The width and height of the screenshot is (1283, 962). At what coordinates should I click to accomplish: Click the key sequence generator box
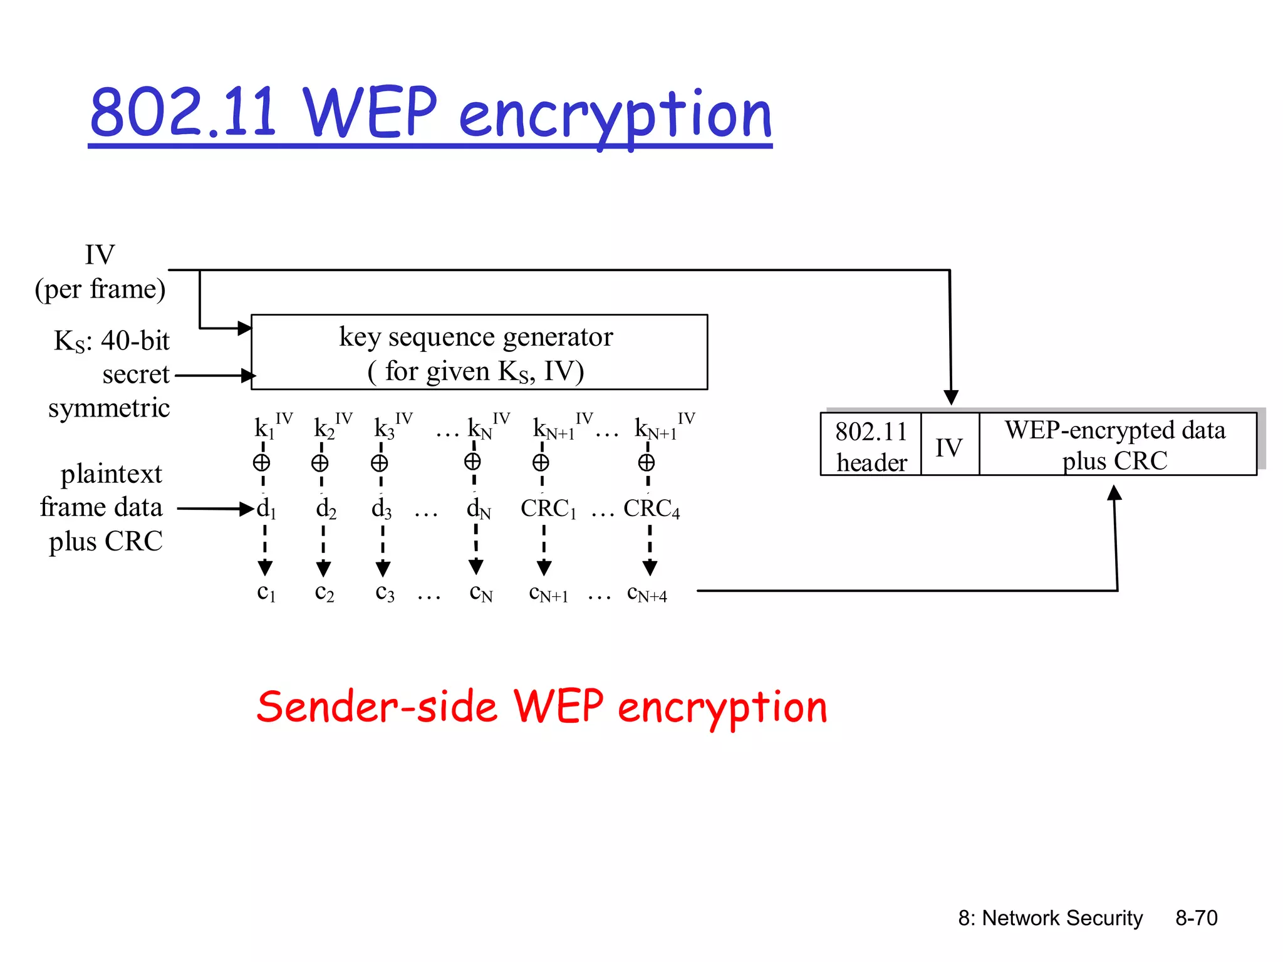click(479, 352)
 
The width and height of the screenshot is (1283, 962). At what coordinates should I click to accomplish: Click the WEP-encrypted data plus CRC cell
click(1116, 445)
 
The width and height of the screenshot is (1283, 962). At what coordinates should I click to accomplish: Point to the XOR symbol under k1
click(262, 463)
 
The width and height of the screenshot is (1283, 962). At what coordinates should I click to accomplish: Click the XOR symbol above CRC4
click(647, 463)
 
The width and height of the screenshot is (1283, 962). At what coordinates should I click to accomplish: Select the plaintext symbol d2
click(326, 509)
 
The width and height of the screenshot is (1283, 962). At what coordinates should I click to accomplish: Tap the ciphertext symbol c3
click(385, 592)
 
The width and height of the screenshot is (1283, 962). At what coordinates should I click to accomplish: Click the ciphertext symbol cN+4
click(647, 594)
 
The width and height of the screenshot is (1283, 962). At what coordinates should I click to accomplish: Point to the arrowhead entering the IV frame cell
click(951, 397)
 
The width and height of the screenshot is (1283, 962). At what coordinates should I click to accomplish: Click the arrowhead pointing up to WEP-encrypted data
click(1114, 494)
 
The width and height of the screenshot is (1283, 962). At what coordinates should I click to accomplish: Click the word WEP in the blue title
click(370, 113)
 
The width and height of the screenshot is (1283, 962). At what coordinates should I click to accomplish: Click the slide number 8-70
click(1196, 918)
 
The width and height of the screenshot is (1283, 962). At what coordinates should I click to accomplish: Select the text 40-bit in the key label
click(135, 341)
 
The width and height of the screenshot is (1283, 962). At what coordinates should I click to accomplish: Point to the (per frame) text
click(100, 289)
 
